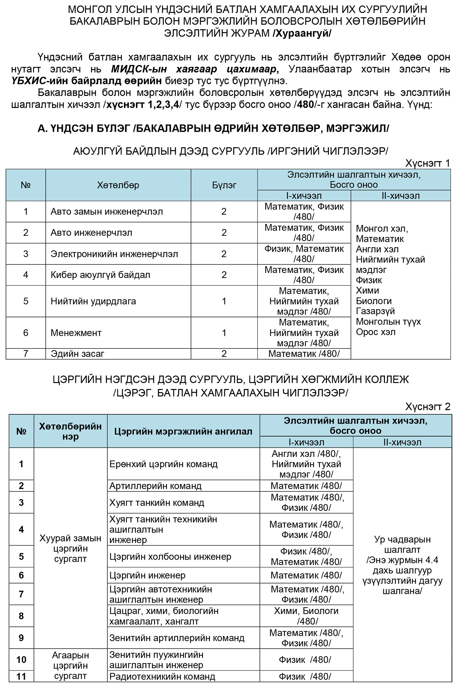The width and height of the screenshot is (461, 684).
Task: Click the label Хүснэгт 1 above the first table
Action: tap(427, 163)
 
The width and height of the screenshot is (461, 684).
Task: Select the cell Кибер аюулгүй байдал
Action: tap(100, 275)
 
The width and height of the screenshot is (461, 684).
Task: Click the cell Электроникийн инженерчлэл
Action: tap(114, 254)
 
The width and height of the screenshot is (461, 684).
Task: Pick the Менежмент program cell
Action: tap(76, 333)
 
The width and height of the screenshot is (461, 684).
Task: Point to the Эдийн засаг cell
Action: tap(77, 354)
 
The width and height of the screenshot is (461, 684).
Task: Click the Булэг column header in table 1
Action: tap(224, 185)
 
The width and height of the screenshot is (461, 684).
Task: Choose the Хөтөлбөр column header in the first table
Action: tap(118, 185)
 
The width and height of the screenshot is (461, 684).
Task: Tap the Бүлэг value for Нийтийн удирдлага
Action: tap(224, 301)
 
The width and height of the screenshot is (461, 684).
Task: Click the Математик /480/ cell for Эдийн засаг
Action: tap(304, 354)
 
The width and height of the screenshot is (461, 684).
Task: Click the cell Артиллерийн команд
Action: tap(155, 486)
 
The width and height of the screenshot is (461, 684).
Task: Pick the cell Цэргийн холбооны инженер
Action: tap(170, 556)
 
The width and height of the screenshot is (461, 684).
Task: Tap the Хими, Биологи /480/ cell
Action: tap(306, 616)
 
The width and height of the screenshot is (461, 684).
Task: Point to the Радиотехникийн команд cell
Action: tap(162, 676)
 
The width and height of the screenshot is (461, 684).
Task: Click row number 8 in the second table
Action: tap(21, 616)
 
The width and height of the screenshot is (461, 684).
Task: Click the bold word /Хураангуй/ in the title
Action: tap(302, 33)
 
